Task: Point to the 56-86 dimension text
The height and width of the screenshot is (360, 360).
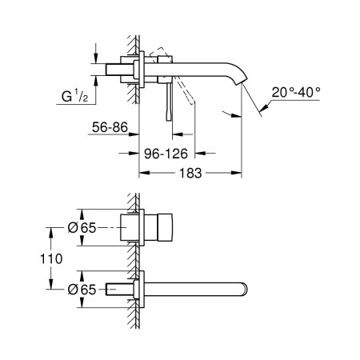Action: [108, 126]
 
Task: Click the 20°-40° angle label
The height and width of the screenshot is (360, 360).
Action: [295, 93]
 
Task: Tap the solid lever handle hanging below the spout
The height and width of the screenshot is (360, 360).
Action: [168, 102]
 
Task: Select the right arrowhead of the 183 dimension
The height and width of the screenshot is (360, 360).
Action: [239, 172]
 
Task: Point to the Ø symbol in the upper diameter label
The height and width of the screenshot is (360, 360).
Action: [73, 227]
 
